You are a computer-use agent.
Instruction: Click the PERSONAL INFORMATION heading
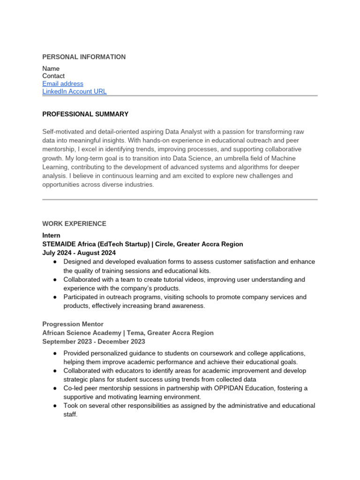coord(84,57)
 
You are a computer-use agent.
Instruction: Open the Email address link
coord(63,84)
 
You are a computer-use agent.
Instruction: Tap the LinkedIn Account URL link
coord(75,91)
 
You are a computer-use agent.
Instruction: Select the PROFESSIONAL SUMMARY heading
coord(85,114)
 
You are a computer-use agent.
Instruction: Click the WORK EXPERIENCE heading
coord(74,224)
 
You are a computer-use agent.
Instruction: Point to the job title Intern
coord(51,235)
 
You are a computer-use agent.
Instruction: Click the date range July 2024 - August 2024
coord(79,253)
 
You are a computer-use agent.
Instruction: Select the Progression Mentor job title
coord(73,324)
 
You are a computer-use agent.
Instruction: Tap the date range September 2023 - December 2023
coord(94,342)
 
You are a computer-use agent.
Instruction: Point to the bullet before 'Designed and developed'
coord(55,262)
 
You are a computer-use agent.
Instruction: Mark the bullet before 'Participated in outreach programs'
coord(55,297)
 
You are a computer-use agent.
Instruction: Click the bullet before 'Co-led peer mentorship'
coord(55,388)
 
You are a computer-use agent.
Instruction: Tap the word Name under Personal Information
coord(51,68)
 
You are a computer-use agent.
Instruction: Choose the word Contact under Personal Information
coord(53,76)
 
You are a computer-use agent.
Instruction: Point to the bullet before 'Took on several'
coord(55,406)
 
